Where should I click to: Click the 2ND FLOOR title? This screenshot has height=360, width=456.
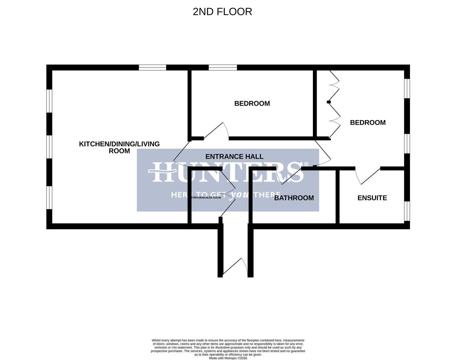[x=222, y=12]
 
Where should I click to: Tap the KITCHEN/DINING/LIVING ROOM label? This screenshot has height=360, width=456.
[x=119, y=147]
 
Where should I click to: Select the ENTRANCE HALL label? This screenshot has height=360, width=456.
[x=234, y=156]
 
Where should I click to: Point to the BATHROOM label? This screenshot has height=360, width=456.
[x=294, y=198]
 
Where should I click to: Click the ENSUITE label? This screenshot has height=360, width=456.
[x=372, y=198]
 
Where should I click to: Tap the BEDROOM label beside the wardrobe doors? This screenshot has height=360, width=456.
[x=368, y=123]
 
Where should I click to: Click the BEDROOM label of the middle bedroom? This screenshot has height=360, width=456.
[x=252, y=104]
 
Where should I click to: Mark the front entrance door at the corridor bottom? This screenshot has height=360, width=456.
[x=235, y=268]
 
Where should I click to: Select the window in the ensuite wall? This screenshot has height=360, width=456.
[x=407, y=211]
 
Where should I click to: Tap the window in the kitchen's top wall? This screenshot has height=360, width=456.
[x=152, y=68]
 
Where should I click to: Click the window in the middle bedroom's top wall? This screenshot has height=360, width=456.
[x=223, y=68]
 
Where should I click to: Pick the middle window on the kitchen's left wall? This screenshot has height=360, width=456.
[x=49, y=147]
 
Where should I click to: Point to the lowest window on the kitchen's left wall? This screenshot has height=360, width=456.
[x=49, y=197]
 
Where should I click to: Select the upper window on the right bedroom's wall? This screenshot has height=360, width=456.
[x=407, y=89]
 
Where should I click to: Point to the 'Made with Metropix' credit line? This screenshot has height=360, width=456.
[x=228, y=358]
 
